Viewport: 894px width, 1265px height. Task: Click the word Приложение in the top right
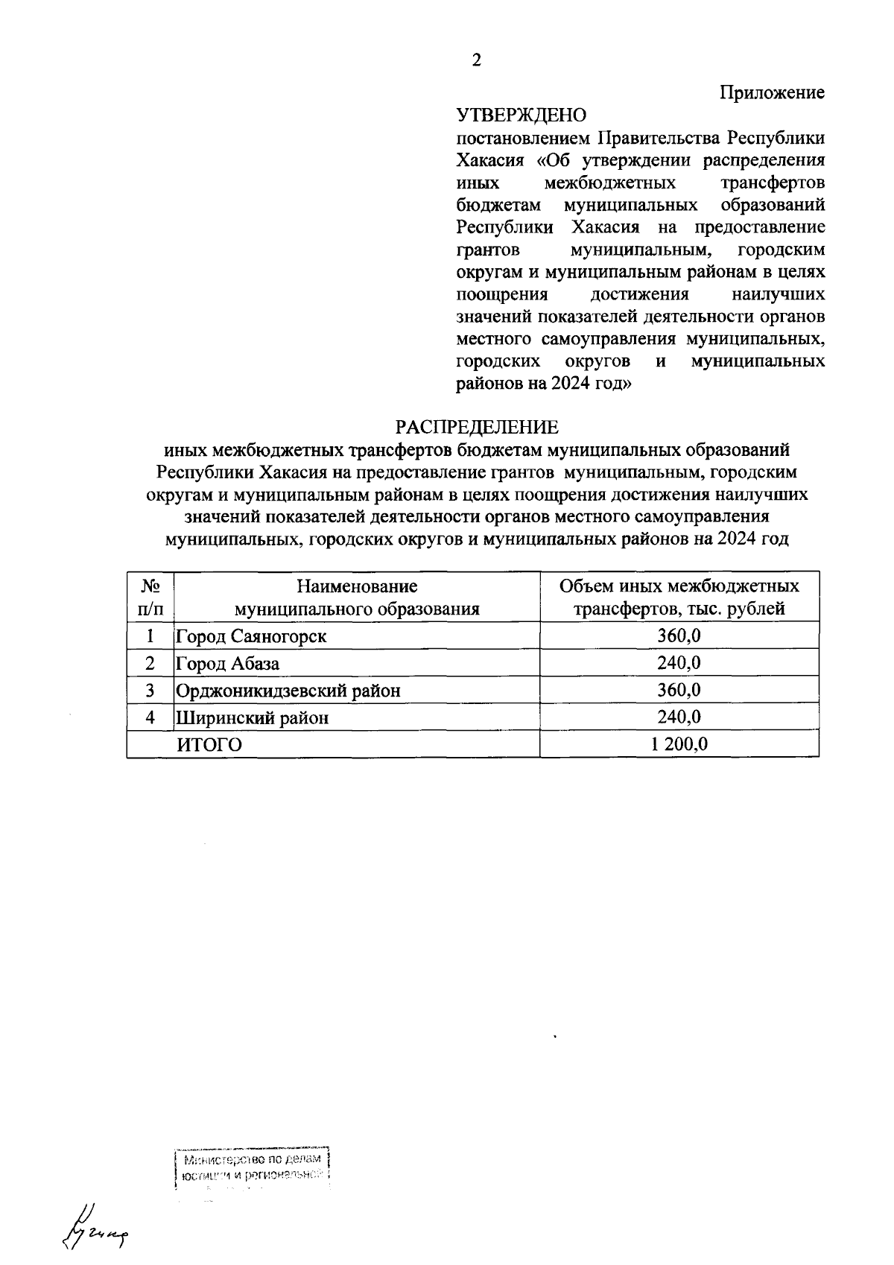772,93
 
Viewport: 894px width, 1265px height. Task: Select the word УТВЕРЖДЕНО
521,115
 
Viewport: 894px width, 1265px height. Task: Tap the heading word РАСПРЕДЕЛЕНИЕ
476,428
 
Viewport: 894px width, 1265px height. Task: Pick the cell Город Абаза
228,663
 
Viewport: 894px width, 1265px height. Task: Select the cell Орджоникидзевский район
288,691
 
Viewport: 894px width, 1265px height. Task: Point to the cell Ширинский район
252,717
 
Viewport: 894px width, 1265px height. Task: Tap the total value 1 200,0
679,744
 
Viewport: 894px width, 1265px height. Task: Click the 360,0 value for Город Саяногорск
679,636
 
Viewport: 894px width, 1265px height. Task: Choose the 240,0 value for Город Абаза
679,663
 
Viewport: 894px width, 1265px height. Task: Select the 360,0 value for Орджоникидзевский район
679,691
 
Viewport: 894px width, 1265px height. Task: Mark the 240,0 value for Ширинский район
679,717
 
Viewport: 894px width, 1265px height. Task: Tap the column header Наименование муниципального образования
357,597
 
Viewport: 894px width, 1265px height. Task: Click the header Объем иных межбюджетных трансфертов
679,597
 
